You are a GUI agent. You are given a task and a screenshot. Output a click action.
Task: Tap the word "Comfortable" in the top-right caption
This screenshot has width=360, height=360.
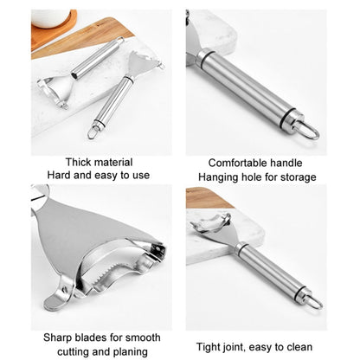point(236,163)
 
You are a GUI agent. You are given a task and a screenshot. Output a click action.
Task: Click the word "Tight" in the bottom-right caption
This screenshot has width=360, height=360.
point(207,347)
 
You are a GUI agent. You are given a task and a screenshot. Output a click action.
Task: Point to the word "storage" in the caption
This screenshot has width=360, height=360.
point(299,177)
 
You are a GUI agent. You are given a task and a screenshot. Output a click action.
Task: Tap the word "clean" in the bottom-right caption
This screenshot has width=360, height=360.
point(300,347)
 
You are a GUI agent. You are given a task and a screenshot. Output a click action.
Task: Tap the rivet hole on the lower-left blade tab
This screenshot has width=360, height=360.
point(65,288)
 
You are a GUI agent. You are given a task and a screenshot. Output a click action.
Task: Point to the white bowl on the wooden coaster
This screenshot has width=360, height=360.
point(50,18)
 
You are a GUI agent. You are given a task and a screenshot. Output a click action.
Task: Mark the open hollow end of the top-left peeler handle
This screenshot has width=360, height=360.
point(75,75)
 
